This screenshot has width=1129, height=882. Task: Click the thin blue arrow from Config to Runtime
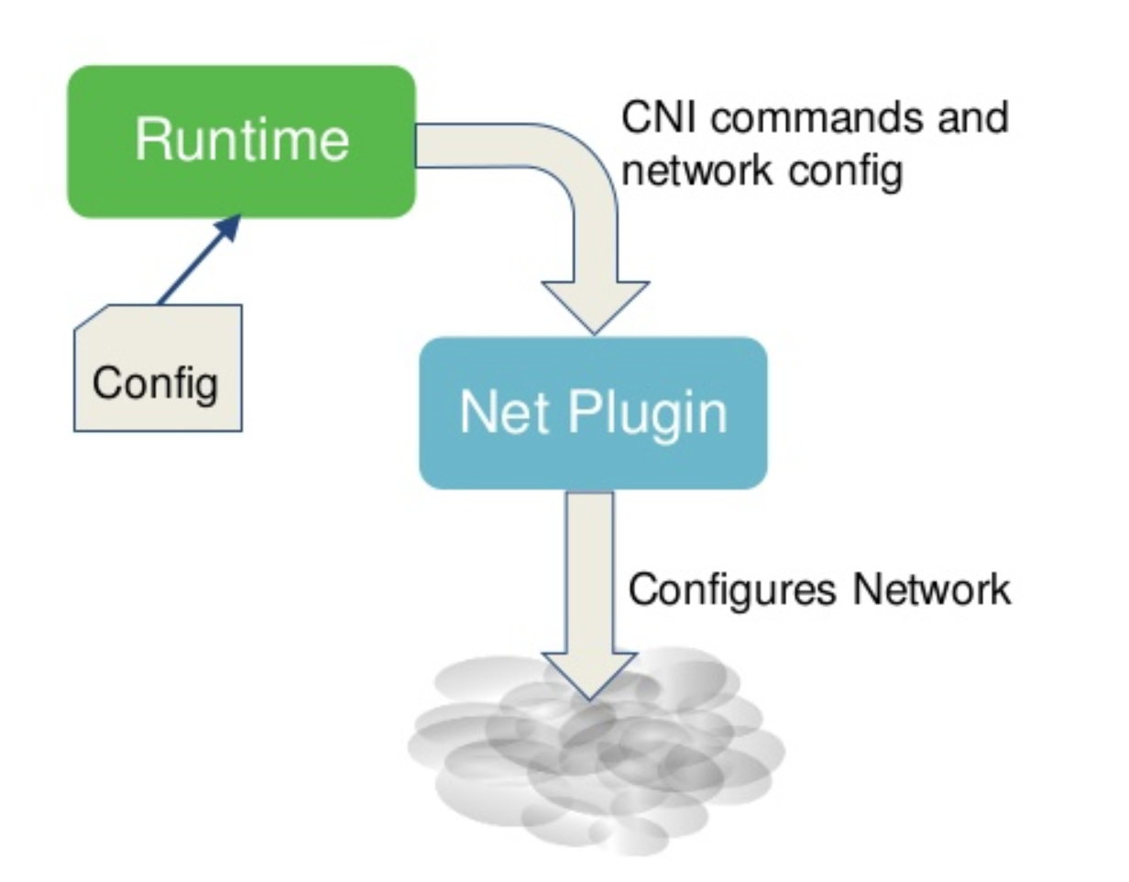[196, 260]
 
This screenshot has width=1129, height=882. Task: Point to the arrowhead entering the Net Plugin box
[595, 306]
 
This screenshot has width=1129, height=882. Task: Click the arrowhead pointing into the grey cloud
[589, 674]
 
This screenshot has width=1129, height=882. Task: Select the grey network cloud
[596, 770]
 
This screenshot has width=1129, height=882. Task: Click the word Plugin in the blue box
[647, 414]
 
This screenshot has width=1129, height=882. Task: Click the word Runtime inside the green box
[242, 140]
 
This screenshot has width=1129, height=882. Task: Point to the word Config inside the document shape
[156, 382]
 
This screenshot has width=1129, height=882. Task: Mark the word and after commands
[974, 117]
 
